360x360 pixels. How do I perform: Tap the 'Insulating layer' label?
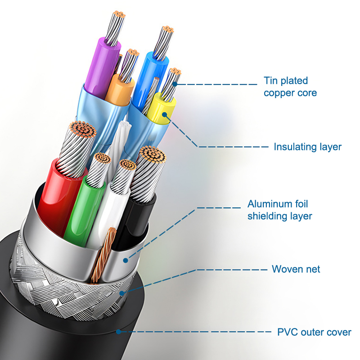[308, 147]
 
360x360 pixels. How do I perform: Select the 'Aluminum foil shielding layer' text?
[280, 210]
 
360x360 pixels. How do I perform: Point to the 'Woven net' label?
[296, 269]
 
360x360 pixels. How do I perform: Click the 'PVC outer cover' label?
[314, 333]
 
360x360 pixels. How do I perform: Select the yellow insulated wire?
[163, 108]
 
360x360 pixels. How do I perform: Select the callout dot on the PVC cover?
[118, 332]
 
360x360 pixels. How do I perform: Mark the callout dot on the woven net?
[122, 293]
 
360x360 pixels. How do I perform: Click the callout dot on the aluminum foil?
[126, 259]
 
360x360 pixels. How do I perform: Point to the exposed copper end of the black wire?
[152, 155]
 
